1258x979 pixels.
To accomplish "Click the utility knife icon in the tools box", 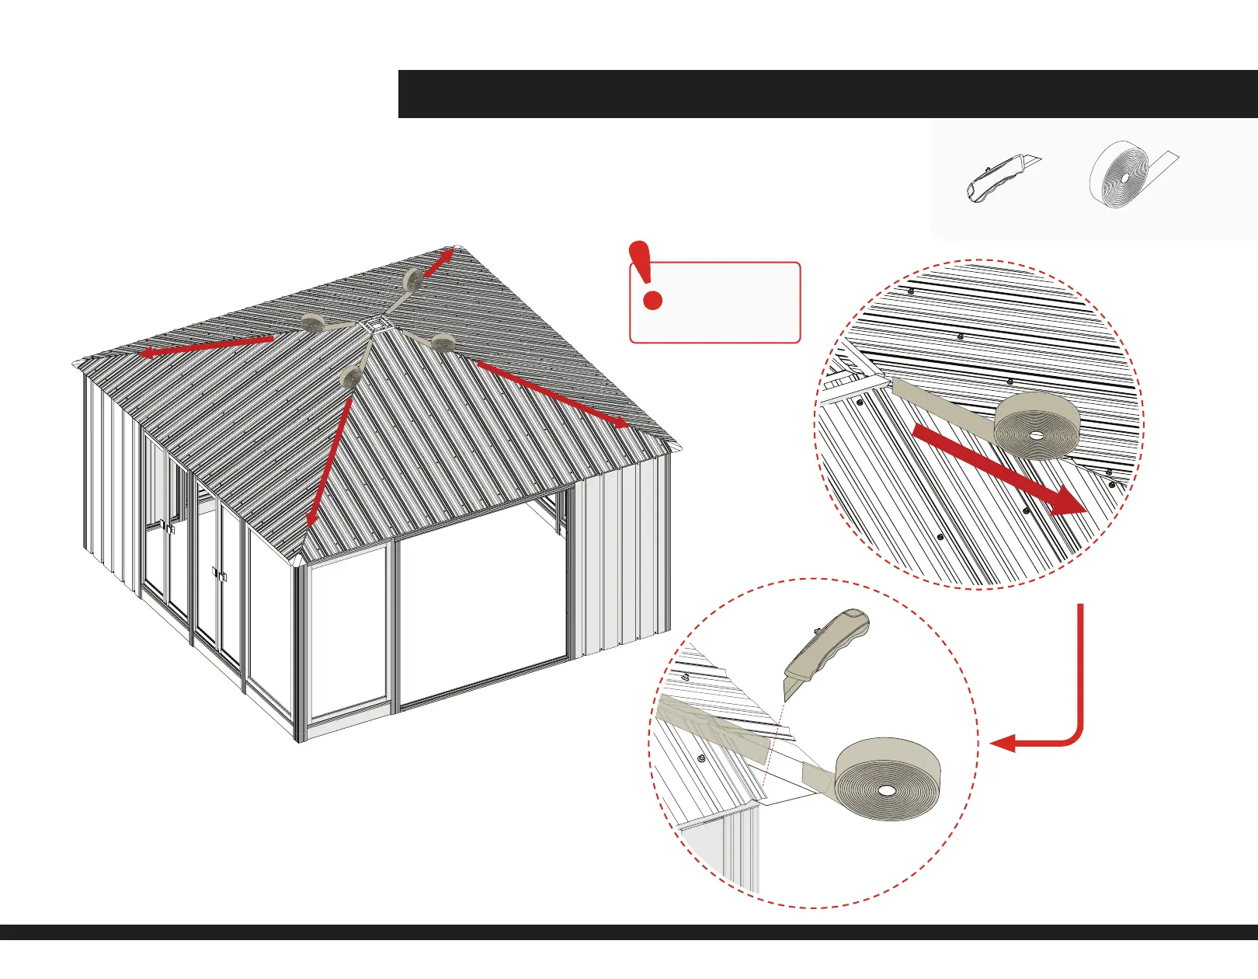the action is pos(1002,177).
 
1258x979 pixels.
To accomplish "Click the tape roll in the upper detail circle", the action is pos(1037,425).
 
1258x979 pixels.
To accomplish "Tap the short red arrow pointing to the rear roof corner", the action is pos(439,263).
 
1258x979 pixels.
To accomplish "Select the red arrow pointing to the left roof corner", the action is pos(206,347).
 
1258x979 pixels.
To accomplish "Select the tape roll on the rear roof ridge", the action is pos(412,279).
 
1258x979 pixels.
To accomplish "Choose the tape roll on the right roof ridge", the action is pos(443,343).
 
